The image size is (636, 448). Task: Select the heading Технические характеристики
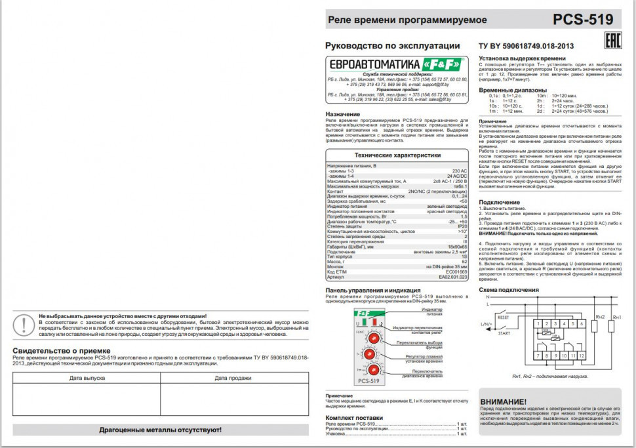click(398, 155)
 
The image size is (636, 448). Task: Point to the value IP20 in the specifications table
click(462, 226)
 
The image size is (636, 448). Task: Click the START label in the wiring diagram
click(504, 333)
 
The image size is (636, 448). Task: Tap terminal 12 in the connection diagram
click(582, 355)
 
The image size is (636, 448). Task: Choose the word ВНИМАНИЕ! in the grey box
click(504, 401)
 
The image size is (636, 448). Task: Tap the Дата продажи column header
click(233, 378)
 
